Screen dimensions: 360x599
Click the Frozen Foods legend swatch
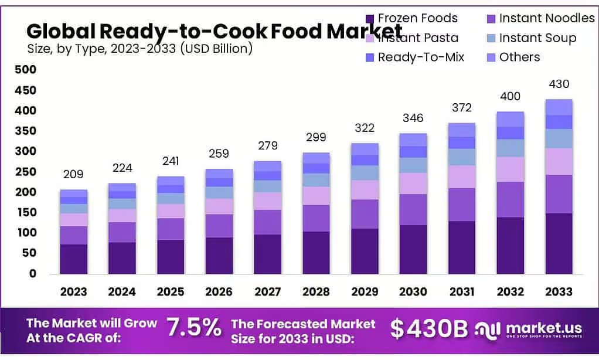pos(369,19)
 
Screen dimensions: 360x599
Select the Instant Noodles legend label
pos(546,18)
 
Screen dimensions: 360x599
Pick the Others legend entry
pos(519,57)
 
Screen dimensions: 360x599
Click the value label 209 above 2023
pos(73,174)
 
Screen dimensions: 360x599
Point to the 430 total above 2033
pos(559,84)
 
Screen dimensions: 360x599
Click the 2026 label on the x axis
pos(219,291)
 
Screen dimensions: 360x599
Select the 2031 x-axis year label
pos(461,291)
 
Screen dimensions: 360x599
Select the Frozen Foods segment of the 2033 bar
pos(559,243)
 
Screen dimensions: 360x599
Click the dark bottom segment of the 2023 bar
pos(73,259)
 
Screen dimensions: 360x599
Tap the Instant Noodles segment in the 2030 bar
pos(413,209)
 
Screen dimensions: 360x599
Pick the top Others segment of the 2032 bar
pos(510,119)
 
